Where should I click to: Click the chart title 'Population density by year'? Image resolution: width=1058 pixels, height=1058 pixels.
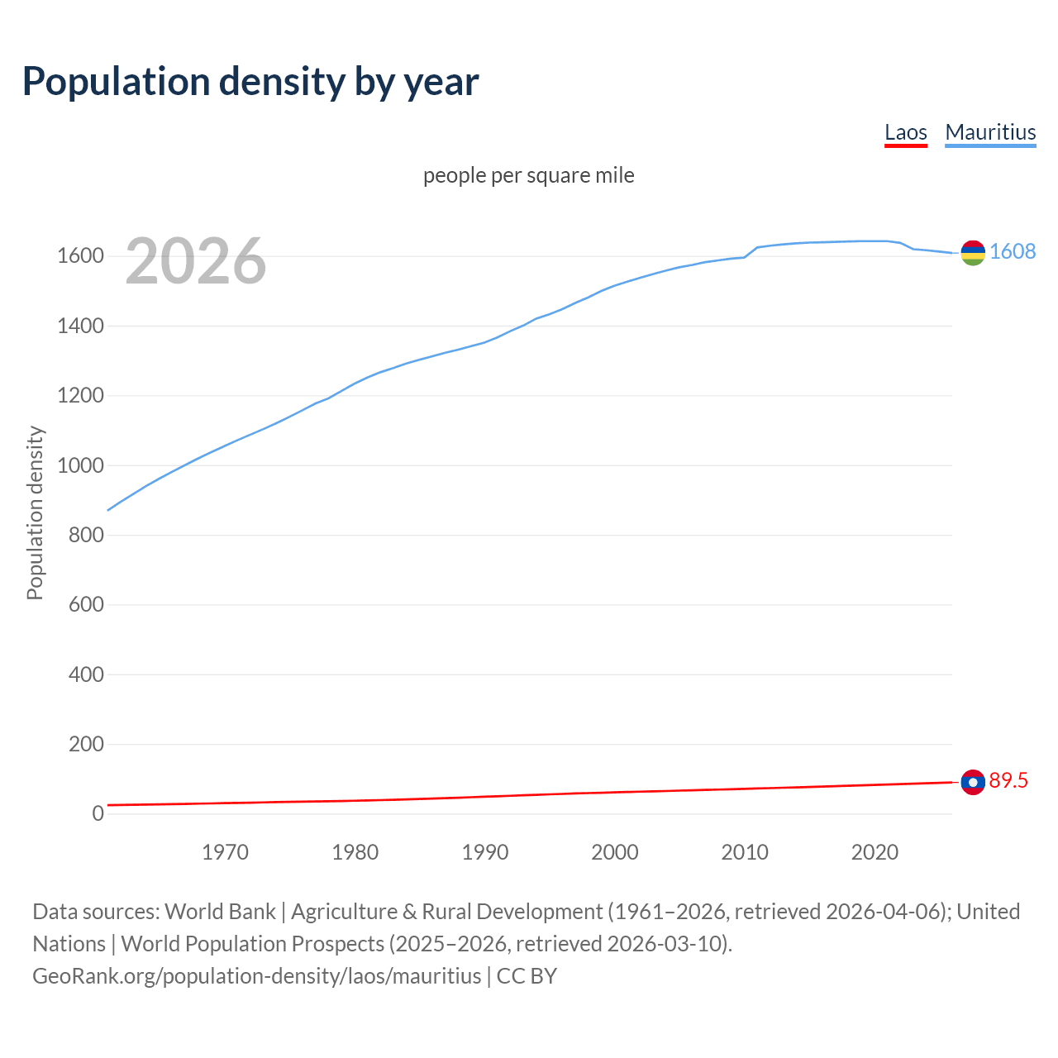pyautogui.click(x=250, y=82)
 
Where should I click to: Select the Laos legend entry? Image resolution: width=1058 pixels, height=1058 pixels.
pyautogui.click(x=905, y=132)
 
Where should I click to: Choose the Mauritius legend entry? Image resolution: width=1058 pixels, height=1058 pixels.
pyautogui.click(x=990, y=132)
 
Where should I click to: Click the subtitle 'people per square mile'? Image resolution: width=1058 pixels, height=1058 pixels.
pyautogui.click(x=528, y=175)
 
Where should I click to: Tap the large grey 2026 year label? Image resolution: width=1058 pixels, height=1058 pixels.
pyautogui.click(x=196, y=261)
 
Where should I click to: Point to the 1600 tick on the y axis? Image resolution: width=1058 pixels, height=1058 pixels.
pyautogui.click(x=80, y=256)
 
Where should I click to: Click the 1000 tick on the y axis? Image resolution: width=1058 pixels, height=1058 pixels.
pyautogui.click(x=80, y=465)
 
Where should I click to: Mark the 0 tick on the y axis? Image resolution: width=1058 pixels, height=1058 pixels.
pyautogui.click(x=98, y=813)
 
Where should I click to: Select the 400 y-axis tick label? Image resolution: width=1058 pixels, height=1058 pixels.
pyautogui.click(x=86, y=674)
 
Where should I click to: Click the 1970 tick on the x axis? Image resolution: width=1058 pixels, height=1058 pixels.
pyautogui.click(x=225, y=852)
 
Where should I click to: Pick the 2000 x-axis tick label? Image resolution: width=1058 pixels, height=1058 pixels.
pyautogui.click(x=614, y=852)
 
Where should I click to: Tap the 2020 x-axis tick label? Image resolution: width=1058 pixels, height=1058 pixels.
pyautogui.click(x=875, y=852)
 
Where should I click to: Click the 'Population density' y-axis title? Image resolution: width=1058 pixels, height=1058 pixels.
pyautogui.click(x=35, y=512)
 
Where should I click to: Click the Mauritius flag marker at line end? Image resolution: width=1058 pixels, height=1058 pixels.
pyautogui.click(x=973, y=253)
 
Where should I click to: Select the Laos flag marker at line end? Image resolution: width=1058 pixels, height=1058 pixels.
pyautogui.click(x=973, y=782)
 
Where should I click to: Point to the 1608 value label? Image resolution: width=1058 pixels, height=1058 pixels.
pyautogui.click(x=1013, y=251)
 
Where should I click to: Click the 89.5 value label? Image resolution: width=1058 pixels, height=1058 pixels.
pyautogui.click(x=1008, y=780)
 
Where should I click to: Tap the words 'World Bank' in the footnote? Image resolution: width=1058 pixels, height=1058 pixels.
pyautogui.click(x=220, y=912)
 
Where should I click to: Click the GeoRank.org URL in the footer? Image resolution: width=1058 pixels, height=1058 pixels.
pyautogui.click(x=256, y=976)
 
